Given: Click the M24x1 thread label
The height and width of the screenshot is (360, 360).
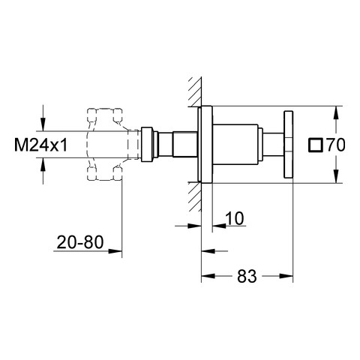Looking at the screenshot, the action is click(40, 145).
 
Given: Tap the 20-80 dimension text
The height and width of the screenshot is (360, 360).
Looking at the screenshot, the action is click(80, 242).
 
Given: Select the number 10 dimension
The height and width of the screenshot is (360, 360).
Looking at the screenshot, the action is click(235, 218).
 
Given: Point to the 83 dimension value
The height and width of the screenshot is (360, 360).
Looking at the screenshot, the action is click(247, 276).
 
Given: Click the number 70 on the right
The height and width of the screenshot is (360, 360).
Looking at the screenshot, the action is click(336, 145).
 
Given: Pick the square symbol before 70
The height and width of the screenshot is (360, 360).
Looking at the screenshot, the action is click(316, 145).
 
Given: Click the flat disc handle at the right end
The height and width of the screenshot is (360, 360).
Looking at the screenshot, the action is click(288, 145).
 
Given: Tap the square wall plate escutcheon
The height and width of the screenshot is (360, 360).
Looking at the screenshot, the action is click(207, 145).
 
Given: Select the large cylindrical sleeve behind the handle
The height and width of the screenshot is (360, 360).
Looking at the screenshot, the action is click(235, 145).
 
